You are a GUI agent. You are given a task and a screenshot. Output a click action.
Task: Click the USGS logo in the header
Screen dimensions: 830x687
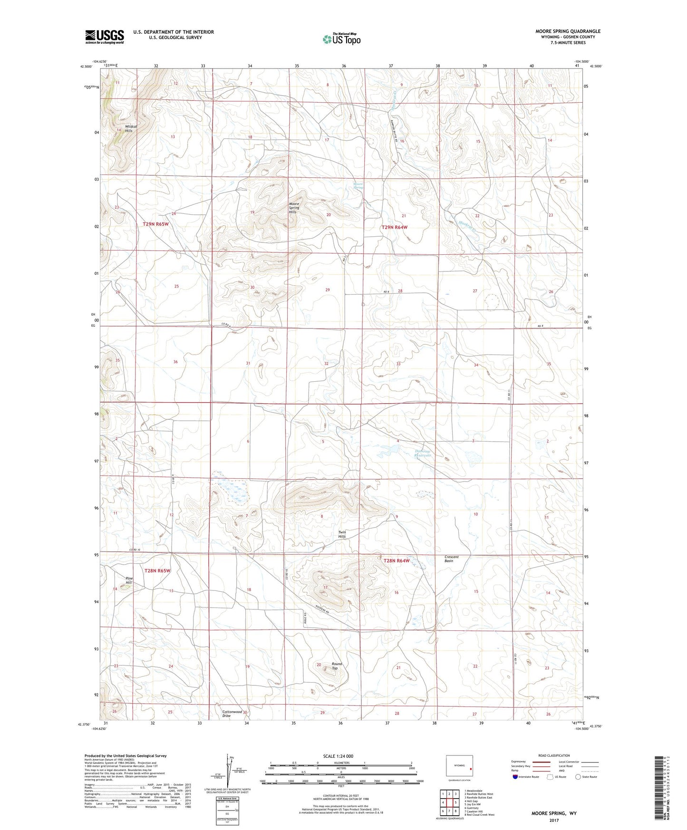point(104,37)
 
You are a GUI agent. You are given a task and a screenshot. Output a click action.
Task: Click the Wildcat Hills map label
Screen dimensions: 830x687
point(131,128)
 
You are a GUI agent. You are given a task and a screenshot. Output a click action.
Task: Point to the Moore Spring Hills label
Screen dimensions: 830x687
point(294,208)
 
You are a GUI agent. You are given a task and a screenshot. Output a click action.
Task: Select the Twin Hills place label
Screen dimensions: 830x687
point(342,534)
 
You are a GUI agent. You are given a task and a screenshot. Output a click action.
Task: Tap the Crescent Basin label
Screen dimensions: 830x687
point(451,559)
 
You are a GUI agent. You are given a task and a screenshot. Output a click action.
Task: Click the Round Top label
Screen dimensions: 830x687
point(337,666)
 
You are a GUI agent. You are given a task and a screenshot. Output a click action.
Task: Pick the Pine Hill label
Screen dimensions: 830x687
point(129,580)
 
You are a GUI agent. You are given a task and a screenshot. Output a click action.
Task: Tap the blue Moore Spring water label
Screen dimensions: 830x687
point(358,185)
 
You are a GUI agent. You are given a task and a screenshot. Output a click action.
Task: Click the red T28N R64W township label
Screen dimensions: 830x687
point(396,560)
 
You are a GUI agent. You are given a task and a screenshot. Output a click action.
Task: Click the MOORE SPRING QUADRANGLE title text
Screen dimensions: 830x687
point(568,31)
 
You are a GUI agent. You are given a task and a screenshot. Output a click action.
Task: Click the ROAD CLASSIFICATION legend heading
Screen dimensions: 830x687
point(553,755)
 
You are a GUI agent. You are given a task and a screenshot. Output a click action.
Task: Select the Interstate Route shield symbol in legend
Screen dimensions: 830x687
point(516,777)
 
